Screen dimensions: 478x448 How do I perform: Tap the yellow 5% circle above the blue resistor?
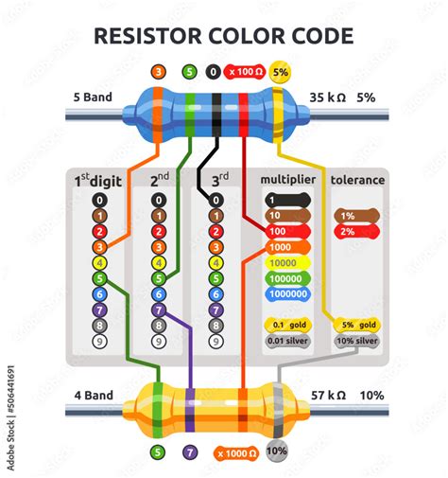281,72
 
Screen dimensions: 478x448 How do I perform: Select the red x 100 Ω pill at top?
244,72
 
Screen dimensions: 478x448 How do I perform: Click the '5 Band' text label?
93,97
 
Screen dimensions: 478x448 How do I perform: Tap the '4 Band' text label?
93,395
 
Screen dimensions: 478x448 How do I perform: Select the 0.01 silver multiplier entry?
287,340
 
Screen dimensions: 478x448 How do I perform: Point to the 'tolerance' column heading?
356,180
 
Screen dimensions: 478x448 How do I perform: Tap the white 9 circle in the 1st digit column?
99,341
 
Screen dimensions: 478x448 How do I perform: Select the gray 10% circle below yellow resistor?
276,452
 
